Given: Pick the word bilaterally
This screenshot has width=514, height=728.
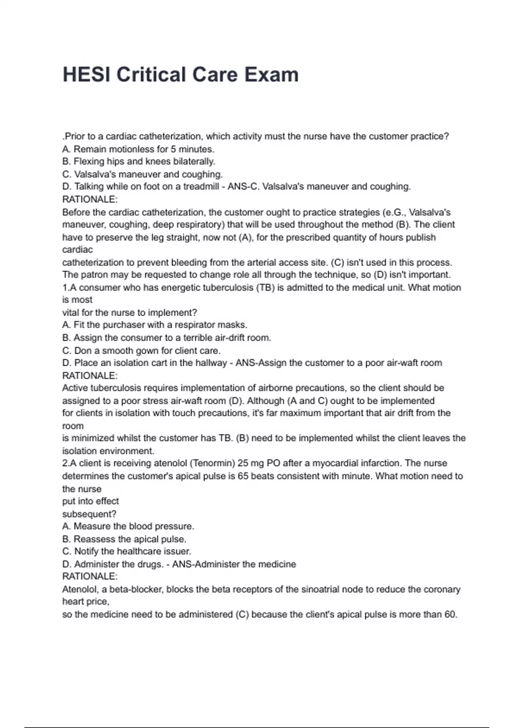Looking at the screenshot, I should point(194,161).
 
